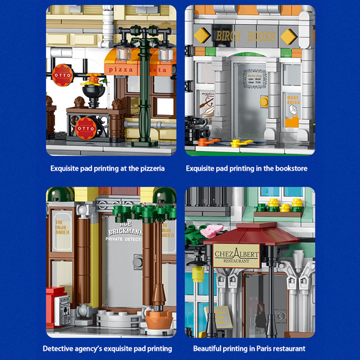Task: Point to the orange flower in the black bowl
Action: coord(93,80)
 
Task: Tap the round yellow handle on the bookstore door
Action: coord(264,102)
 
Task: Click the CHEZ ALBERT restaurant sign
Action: coord(236,255)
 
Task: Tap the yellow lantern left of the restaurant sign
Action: coord(197,273)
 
